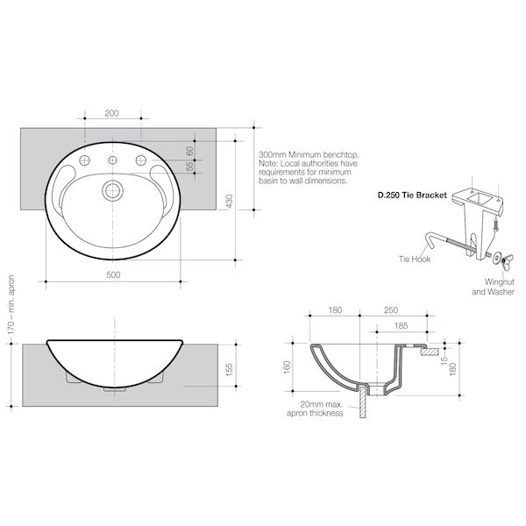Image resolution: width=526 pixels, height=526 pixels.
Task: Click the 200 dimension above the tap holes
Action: tap(111, 113)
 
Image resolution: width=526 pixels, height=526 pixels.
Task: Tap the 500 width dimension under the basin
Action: tap(113, 275)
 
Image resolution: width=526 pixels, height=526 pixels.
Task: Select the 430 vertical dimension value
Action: tap(230, 202)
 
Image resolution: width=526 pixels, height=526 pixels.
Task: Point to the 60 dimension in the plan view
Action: tap(190, 151)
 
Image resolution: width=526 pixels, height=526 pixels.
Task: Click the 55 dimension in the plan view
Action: tap(190, 167)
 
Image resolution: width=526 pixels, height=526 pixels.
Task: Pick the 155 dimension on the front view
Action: tap(230, 370)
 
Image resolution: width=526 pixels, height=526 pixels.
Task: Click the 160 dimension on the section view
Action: tap(287, 367)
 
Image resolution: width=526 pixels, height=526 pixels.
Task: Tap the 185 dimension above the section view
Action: tap(402, 326)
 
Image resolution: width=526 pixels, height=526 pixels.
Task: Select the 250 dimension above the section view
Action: tap(391, 310)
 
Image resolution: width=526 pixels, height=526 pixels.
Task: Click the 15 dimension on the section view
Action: tap(444, 360)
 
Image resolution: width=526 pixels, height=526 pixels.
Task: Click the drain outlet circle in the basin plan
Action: tap(113, 190)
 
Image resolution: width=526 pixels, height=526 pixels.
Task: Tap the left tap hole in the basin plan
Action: tap(84, 160)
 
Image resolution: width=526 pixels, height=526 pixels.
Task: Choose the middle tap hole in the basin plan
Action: tap(113, 160)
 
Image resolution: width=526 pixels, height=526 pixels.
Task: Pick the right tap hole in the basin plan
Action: tap(141, 160)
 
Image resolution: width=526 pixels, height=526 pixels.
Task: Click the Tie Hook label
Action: tap(415, 259)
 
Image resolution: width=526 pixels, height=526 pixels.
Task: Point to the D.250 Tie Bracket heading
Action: tap(412, 195)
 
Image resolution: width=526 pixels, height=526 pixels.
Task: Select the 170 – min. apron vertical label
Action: tap(11, 304)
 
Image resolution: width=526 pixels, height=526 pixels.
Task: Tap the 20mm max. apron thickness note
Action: tap(315, 409)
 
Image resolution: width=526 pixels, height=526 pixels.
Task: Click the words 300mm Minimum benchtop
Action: tap(309, 155)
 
